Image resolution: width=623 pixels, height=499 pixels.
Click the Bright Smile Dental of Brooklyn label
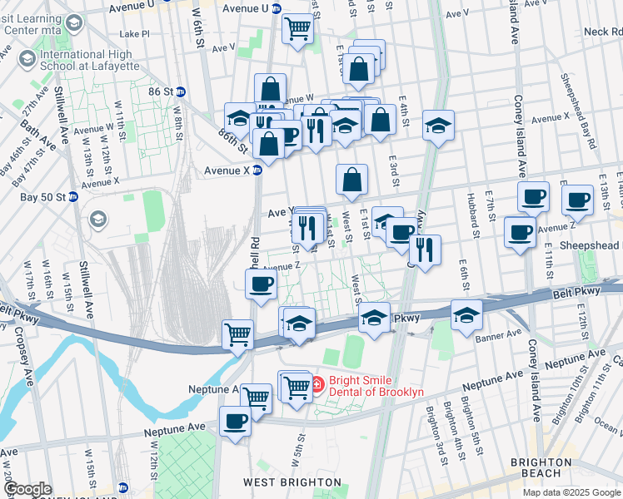tap(376, 387)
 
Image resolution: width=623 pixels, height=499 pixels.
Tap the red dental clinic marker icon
tap(317, 383)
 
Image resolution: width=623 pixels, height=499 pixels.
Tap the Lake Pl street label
tap(134, 34)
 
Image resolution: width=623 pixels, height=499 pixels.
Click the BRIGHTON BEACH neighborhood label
tap(546, 467)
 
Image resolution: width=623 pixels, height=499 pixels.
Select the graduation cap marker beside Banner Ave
tap(466, 314)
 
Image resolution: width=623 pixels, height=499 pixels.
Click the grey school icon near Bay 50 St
tap(97, 219)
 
